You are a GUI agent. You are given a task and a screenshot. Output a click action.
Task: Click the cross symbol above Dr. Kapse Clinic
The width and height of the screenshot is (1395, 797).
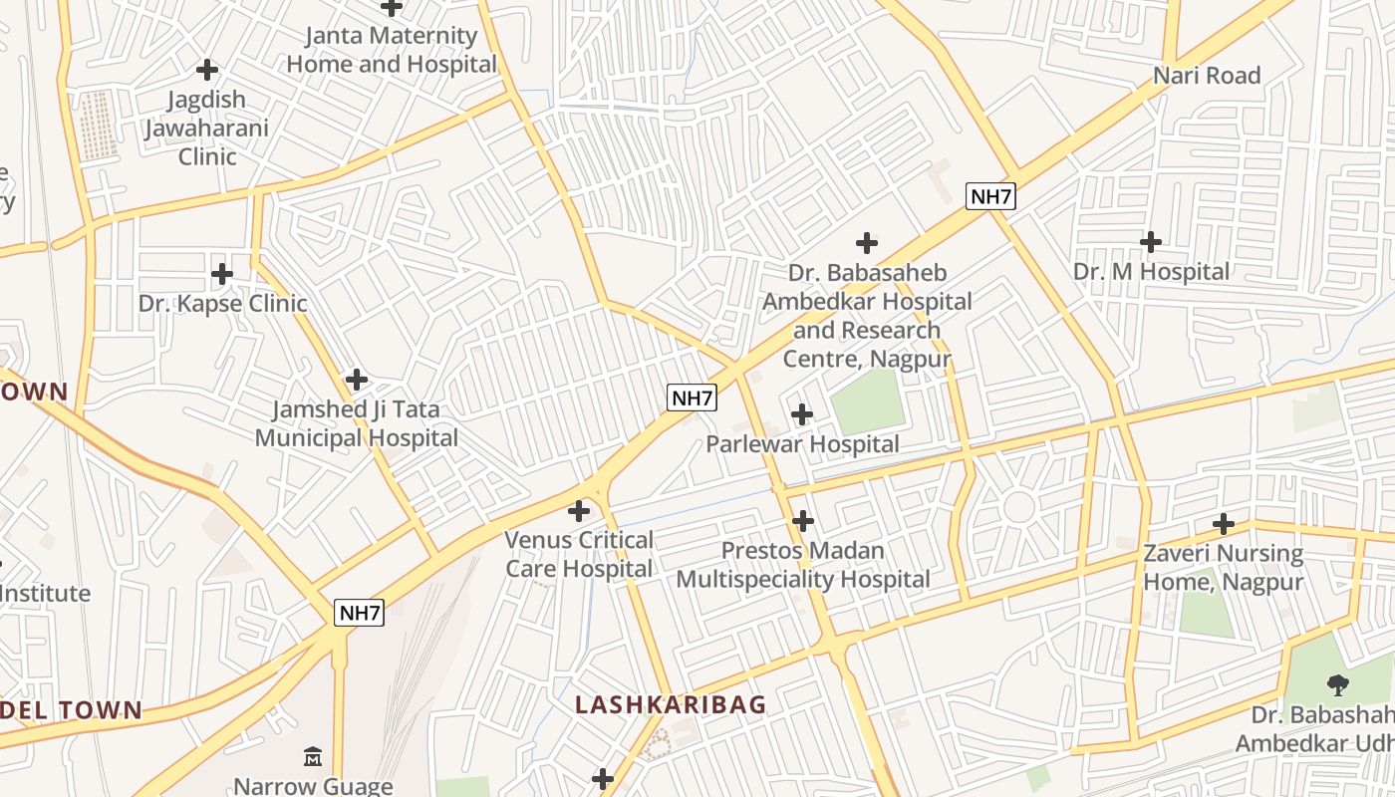tap(222, 273)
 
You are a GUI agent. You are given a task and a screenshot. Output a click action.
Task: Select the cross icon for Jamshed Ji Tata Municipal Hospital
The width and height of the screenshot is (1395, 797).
tap(357, 380)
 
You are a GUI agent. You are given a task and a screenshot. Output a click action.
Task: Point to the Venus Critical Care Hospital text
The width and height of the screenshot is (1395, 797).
tap(579, 554)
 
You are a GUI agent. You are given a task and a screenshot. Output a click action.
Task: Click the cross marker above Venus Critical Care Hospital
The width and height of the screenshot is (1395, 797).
tap(579, 511)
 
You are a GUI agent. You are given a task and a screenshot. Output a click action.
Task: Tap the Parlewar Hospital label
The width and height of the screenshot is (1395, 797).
tap(802, 444)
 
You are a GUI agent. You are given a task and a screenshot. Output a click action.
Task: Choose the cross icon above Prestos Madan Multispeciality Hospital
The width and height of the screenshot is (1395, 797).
tap(803, 520)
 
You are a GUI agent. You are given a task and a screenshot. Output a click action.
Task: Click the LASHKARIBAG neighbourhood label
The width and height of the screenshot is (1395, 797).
tap(671, 704)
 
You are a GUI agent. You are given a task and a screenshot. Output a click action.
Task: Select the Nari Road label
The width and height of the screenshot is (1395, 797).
tap(1207, 75)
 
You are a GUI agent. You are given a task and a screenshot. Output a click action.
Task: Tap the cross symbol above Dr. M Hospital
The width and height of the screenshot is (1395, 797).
tap(1151, 241)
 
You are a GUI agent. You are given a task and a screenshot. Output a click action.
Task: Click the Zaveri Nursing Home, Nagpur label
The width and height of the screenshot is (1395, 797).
tap(1223, 567)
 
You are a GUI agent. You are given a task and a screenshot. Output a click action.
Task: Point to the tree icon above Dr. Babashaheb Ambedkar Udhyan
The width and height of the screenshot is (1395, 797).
tap(1337, 684)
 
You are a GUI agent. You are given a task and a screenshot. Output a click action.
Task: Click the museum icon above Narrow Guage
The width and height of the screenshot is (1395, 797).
tap(313, 756)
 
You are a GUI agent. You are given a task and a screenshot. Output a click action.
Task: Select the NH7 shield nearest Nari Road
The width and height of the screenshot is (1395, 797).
tap(990, 196)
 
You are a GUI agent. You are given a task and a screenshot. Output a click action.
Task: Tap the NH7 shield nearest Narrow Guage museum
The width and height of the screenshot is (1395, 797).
tap(359, 613)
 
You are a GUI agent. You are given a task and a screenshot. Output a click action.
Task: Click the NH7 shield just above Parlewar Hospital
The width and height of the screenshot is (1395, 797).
tap(692, 398)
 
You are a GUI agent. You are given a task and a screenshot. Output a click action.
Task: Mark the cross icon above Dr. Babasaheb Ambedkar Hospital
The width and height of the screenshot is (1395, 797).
tap(867, 242)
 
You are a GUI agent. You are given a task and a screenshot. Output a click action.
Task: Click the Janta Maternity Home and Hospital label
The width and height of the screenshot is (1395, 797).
tap(392, 50)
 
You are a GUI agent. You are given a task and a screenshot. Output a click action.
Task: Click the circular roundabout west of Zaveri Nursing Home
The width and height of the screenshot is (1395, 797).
tap(1018, 507)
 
